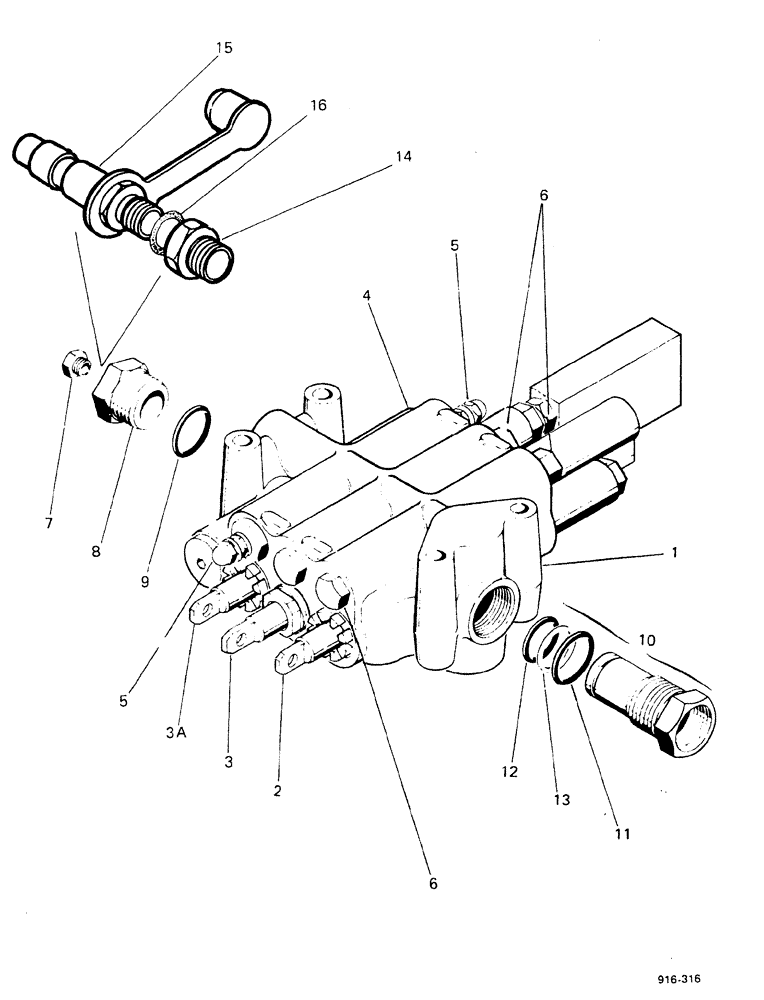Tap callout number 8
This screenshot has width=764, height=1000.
[x=124, y=550]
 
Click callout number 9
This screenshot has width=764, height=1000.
[x=146, y=579]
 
